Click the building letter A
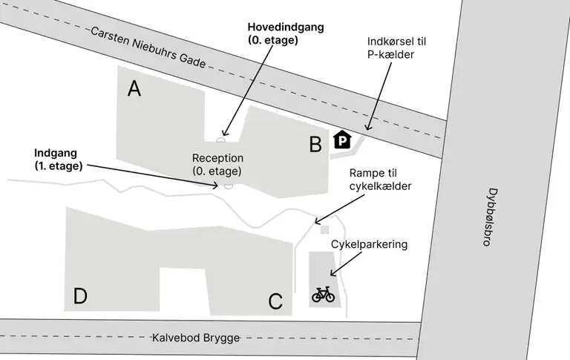[134, 89]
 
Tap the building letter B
[315, 145]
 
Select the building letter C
[275, 301]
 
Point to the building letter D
[80, 297]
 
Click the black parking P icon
[342, 140]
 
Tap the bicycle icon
[323, 295]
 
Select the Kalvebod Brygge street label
[196, 338]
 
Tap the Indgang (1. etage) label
[58, 160]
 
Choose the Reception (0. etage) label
[217, 165]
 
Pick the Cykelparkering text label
[370, 243]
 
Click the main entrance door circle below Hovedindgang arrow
[220, 140]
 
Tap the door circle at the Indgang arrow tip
[229, 186]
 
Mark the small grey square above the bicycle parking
[324, 230]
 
